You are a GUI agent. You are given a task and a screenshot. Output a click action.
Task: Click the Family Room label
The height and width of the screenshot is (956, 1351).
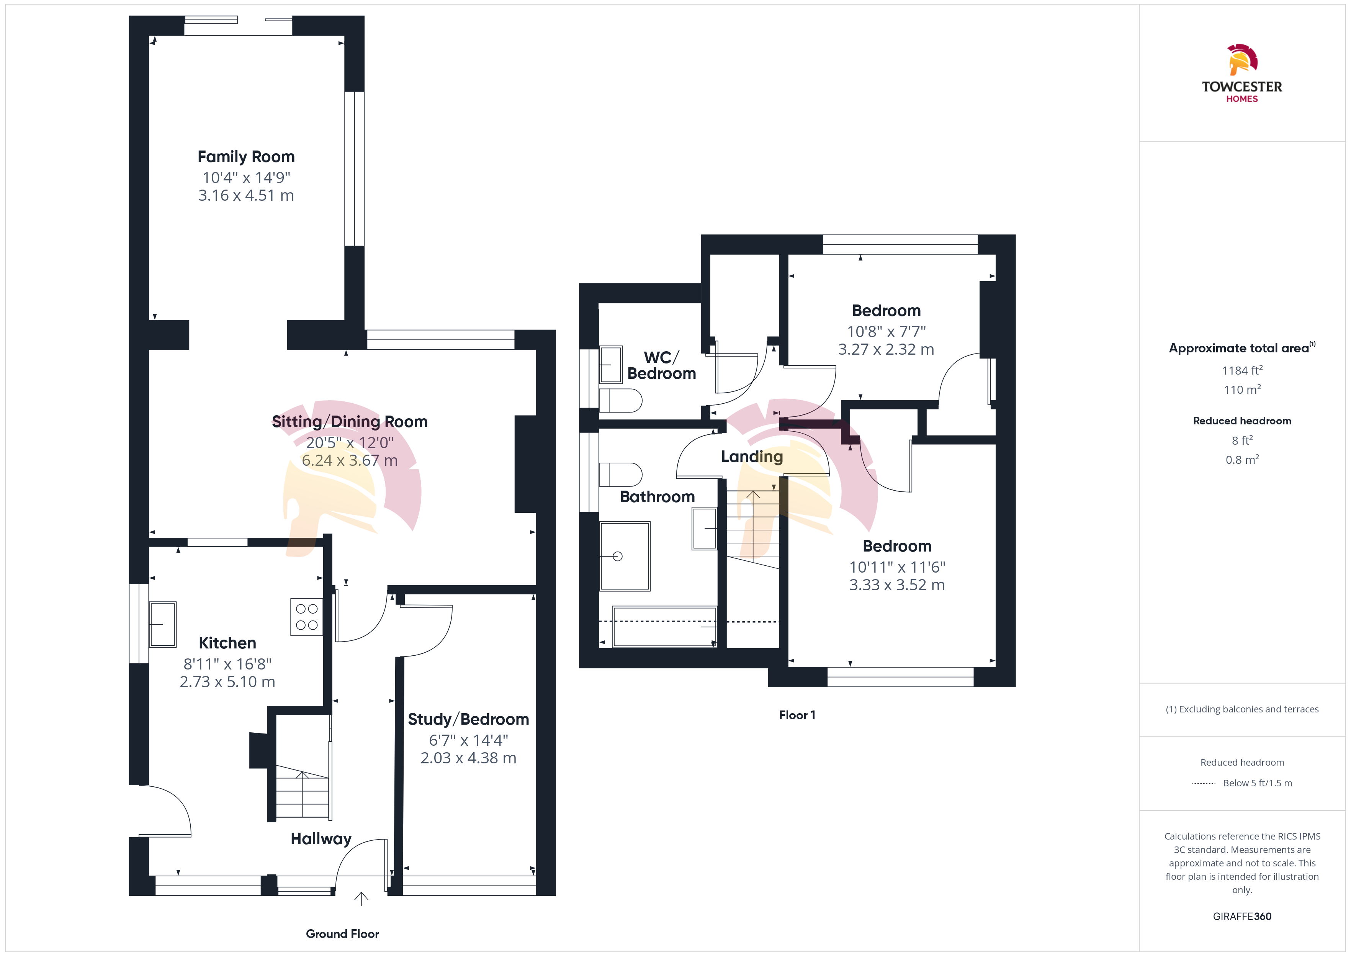pos(246,157)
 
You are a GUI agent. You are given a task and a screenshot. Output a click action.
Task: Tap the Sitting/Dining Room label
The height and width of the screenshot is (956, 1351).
pos(350,421)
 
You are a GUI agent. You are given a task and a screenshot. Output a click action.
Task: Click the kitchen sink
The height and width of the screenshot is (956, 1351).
pos(162,624)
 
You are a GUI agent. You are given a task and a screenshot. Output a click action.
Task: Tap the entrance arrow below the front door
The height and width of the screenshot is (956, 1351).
pos(361,898)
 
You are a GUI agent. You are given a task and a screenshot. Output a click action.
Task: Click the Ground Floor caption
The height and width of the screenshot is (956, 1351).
pos(342,934)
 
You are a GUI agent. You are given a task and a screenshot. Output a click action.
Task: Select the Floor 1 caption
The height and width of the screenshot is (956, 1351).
pos(797,715)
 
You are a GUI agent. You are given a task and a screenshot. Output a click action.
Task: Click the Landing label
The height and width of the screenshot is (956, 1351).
pos(752,457)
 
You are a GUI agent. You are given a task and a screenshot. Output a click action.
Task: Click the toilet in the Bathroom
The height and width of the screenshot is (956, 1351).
pos(621,475)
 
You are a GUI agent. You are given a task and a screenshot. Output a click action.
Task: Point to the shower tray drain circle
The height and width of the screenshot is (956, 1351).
pos(617,556)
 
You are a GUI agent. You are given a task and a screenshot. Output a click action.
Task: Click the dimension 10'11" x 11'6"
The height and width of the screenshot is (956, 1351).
pos(897,567)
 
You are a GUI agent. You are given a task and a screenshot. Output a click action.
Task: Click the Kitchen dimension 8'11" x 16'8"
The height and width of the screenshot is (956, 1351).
pos(227,664)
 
